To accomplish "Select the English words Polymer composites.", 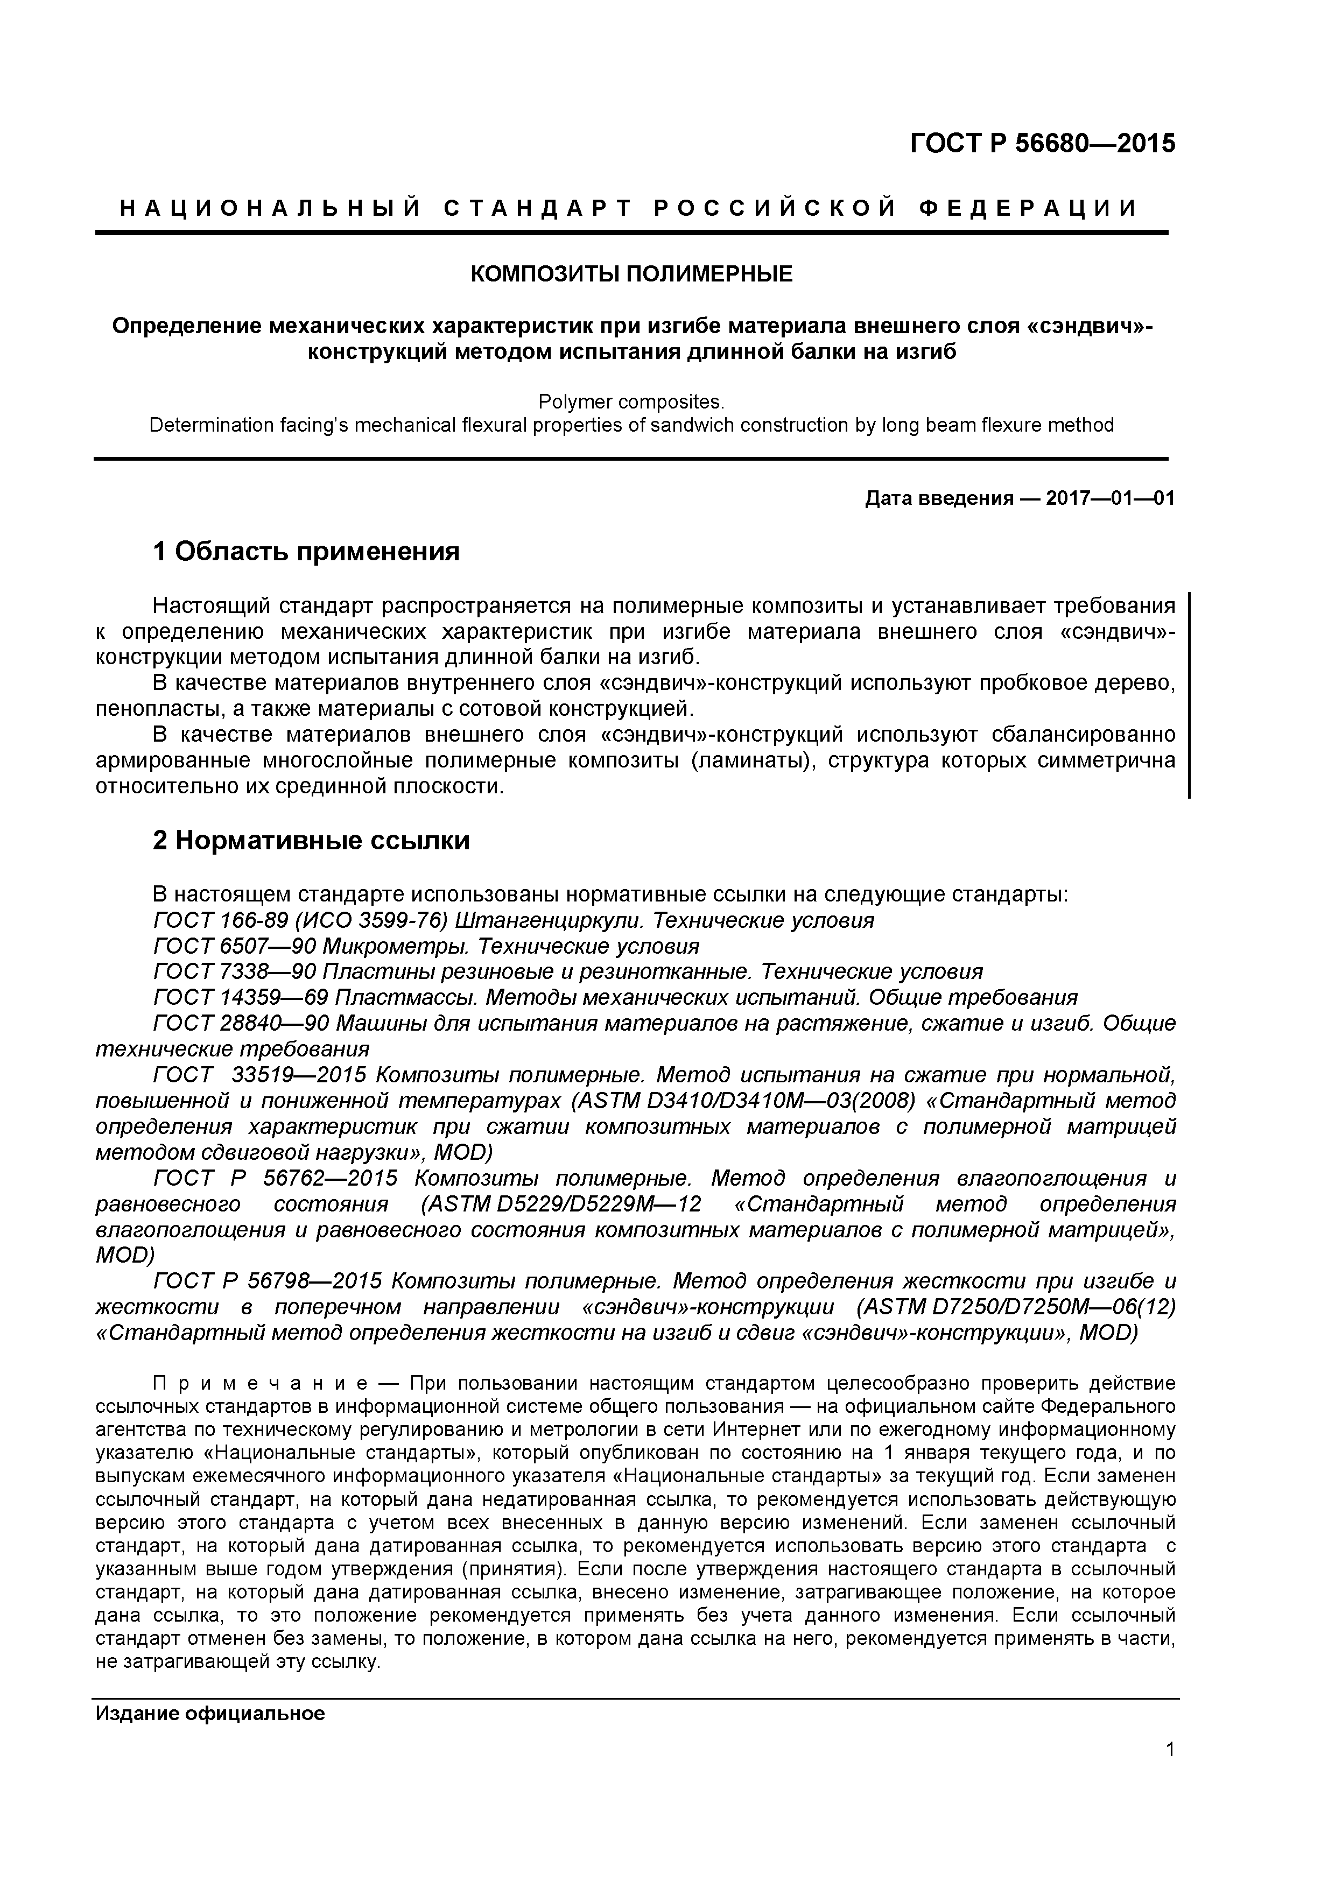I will [x=631, y=401].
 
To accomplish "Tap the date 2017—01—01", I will [x=1109, y=498].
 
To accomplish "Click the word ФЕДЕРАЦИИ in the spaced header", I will [x=1028, y=208].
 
